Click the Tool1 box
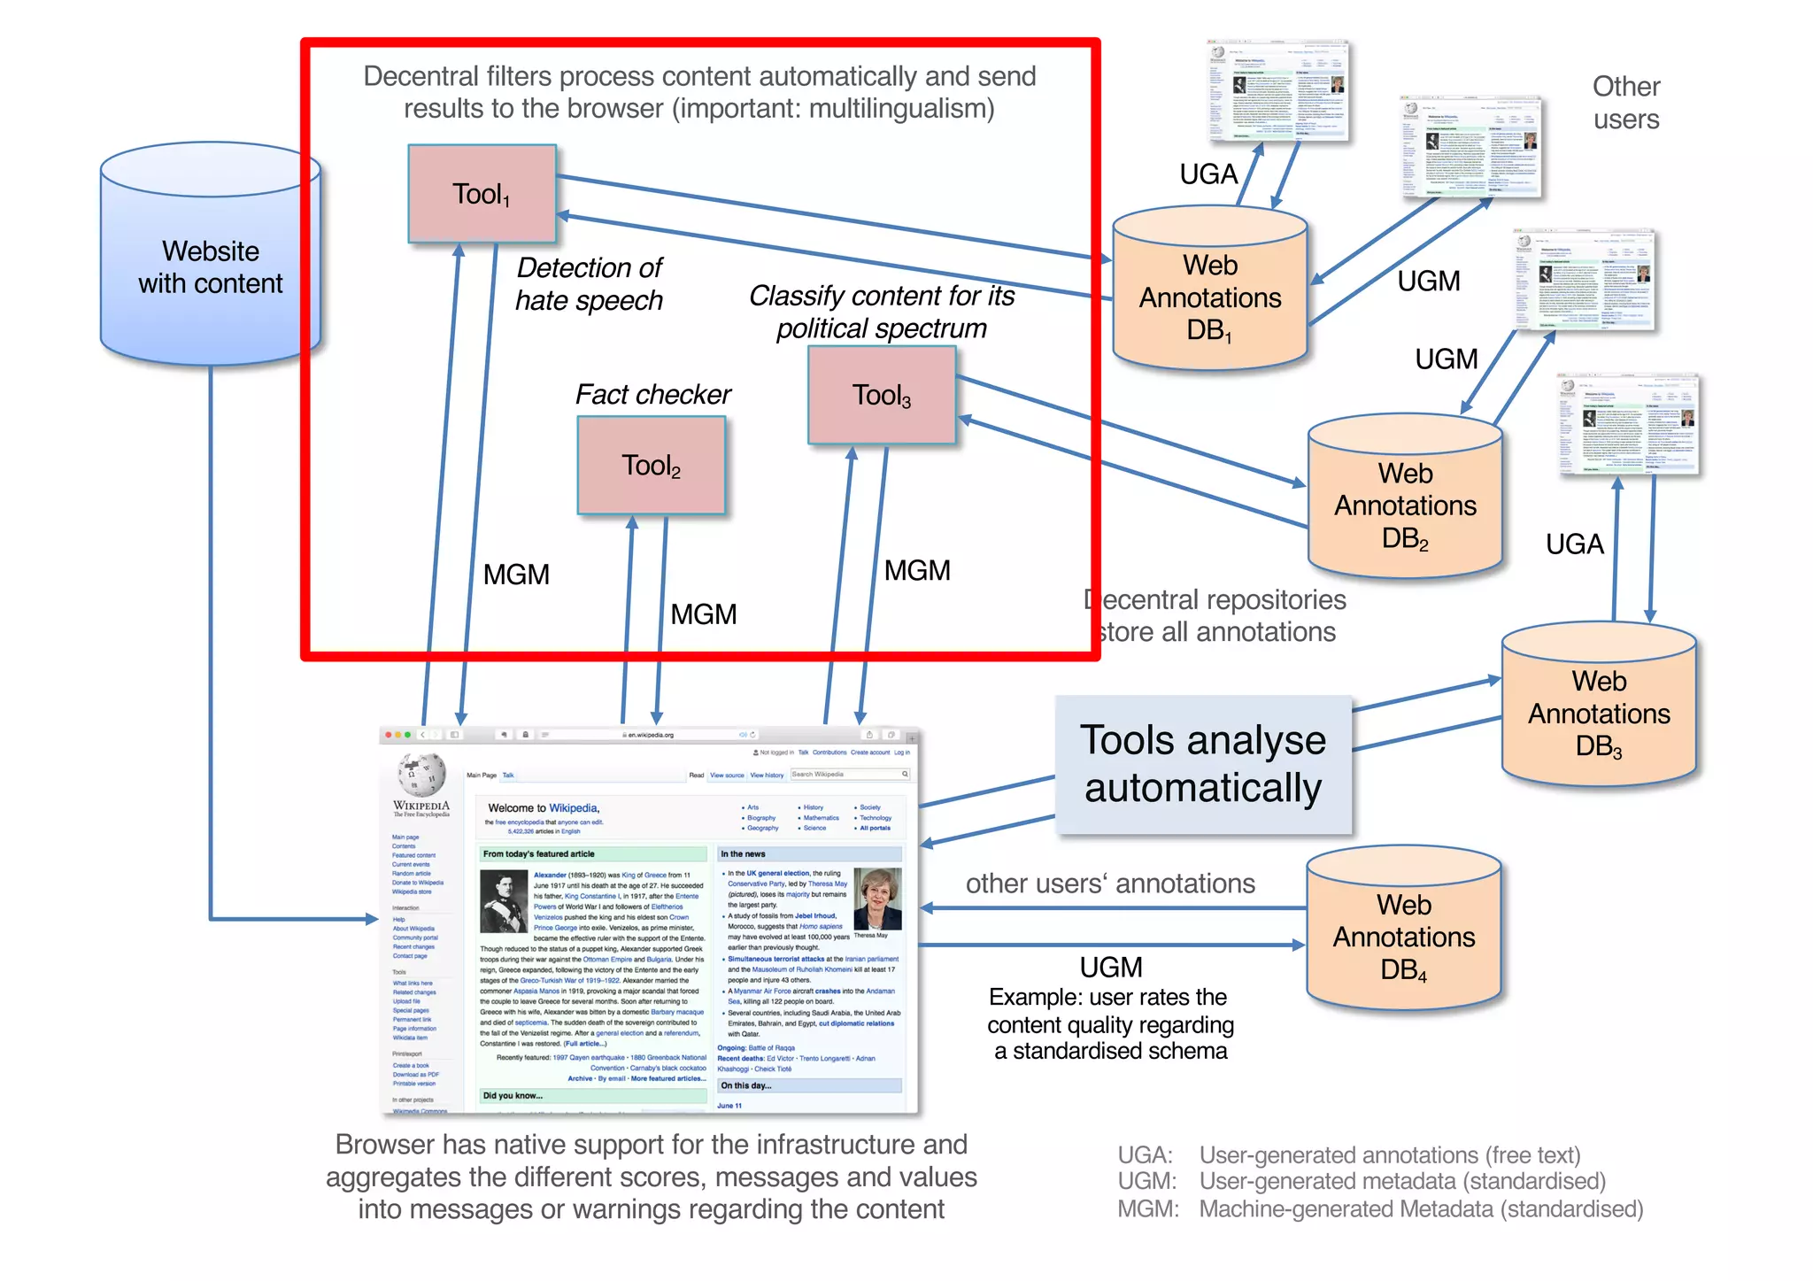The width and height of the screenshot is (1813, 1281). pyautogui.click(x=482, y=194)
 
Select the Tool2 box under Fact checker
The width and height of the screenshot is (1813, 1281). pyautogui.click(x=651, y=466)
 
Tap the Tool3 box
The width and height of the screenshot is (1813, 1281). pyautogui.click(x=881, y=395)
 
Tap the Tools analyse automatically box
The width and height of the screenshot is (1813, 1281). pyautogui.click(x=1203, y=764)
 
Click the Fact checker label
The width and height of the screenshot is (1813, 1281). pyautogui.click(x=652, y=394)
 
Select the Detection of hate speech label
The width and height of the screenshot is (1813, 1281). pyautogui.click(x=589, y=284)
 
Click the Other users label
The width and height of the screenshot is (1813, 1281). pyautogui.click(x=1626, y=103)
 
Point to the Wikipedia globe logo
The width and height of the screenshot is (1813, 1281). pyautogui.click(x=420, y=775)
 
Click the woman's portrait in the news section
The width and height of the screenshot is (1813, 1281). pyautogui.click(x=876, y=898)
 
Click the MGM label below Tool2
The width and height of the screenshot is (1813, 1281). pyautogui.click(x=703, y=614)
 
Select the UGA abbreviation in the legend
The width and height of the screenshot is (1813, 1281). pyautogui.click(x=1144, y=1155)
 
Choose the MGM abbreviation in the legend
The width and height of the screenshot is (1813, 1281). pyautogui.click(x=1147, y=1209)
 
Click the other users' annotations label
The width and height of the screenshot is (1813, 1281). pyautogui.click(x=1110, y=884)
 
